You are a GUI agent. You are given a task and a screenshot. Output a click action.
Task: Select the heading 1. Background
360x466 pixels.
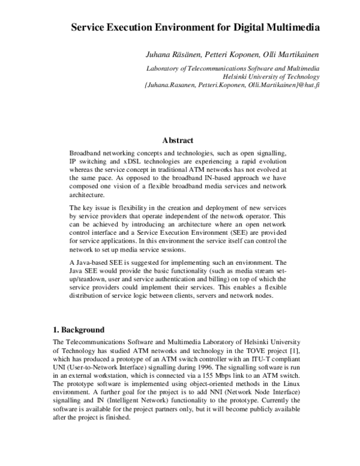click(x=79, y=330)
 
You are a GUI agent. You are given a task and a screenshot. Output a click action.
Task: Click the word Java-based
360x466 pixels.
click(x=98, y=262)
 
